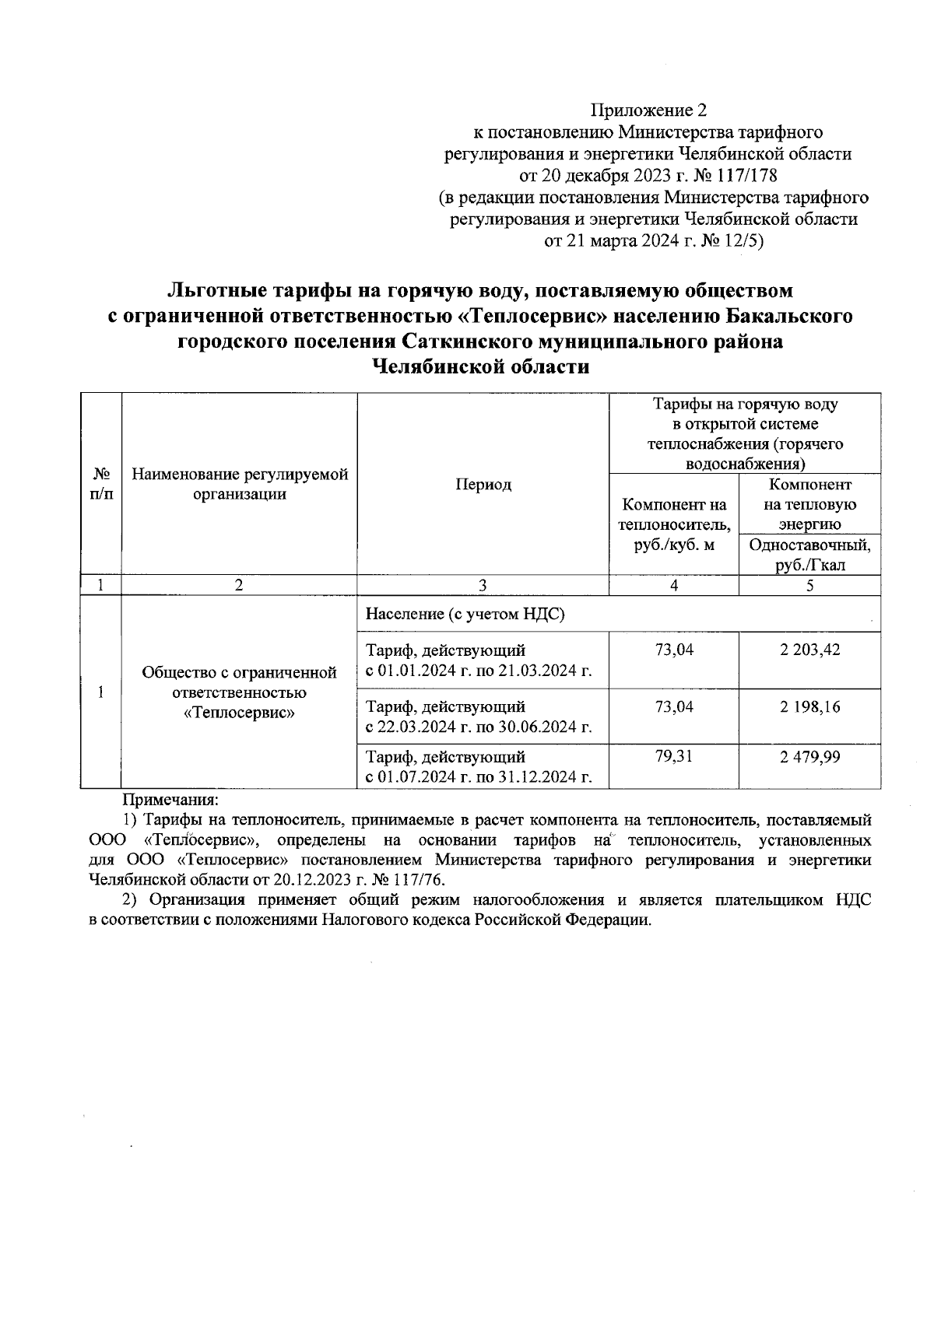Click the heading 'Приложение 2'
pos(649,110)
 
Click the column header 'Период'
pos(483,485)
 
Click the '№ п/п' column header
pos(101,485)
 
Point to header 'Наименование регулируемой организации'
pos(239,485)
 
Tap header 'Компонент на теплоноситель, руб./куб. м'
pos(674,525)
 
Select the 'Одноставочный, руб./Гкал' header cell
pos(809,555)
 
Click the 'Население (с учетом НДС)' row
pos(465,615)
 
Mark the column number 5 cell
pos(809,586)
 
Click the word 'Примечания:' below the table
pos(170,799)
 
